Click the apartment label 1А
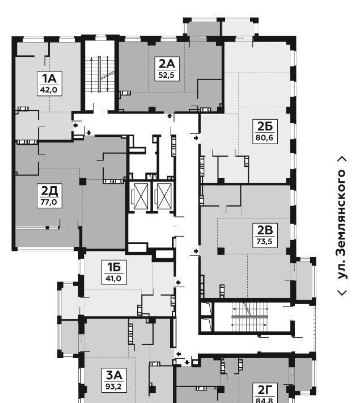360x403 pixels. click(49, 78)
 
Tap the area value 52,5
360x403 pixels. click(167, 75)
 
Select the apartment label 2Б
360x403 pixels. click(265, 126)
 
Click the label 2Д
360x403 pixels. click(49, 191)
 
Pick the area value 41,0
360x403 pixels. click(113, 278)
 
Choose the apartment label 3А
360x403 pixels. click(114, 376)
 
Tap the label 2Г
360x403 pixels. click(265, 390)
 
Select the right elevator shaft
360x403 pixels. click(163, 196)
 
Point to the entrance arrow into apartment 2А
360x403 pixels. click(170, 116)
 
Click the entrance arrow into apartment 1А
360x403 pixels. click(75, 125)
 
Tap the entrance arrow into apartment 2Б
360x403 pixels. click(196, 138)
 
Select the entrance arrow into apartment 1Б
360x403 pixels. click(178, 282)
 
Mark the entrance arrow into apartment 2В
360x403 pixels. click(196, 251)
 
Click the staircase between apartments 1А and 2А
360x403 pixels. click(100, 74)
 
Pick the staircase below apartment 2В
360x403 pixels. click(249, 317)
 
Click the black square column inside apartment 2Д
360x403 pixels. click(83, 182)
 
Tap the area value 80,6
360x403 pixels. click(265, 138)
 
